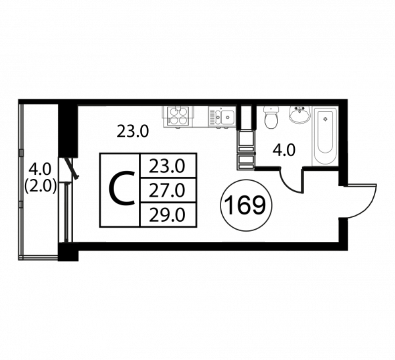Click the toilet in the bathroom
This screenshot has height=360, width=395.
pyautogui.click(x=271, y=117)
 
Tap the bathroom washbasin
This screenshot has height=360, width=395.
pyautogui.click(x=300, y=115)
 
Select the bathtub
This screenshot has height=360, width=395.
pyautogui.click(x=325, y=136)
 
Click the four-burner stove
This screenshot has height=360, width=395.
pyautogui.click(x=179, y=116)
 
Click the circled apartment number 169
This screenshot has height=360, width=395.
pyautogui.click(x=246, y=205)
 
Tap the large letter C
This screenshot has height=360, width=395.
pyautogui.click(x=121, y=189)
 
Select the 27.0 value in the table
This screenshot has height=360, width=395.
pyautogui.click(x=167, y=191)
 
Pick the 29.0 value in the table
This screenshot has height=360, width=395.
pyautogui.click(x=167, y=215)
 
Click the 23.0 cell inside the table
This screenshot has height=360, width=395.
pyautogui.click(x=167, y=167)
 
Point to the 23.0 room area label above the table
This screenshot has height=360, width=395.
pyautogui.click(x=133, y=131)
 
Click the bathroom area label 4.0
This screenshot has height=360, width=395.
pyautogui.click(x=284, y=151)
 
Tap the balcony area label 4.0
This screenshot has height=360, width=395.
pyautogui.click(x=40, y=169)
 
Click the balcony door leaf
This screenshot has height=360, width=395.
pyautogui.click(x=72, y=167)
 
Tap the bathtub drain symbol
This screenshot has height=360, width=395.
pyautogui.click(x=325, y=119)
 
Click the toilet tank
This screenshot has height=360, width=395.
pyautogui.click(x=271, y=109)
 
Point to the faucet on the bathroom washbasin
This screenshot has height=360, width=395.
pyautogui.click(x=300, y=109)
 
